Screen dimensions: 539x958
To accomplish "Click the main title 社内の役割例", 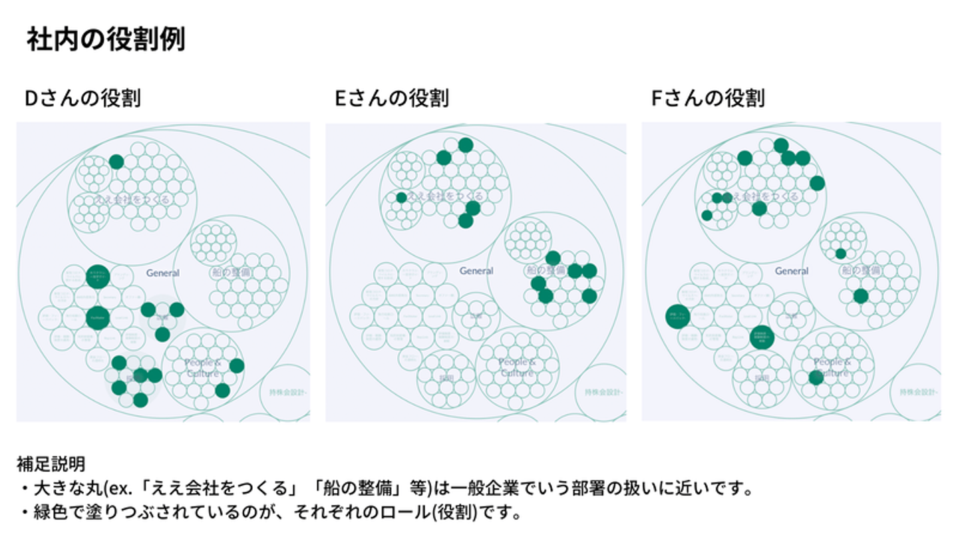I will click(106, 40).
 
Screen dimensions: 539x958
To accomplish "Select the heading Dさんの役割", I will click(82, 98).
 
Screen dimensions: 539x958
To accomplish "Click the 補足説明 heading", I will click(51, 463).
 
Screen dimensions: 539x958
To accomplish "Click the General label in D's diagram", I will click(163, 273).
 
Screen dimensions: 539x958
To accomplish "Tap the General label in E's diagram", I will click(476, 271).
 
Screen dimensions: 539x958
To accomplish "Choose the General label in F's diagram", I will click(792, 271).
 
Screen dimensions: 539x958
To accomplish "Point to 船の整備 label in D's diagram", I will click(231, 272).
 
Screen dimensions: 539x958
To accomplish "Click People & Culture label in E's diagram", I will click(517, 367).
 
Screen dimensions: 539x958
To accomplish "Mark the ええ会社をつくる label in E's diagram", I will click(445, 196).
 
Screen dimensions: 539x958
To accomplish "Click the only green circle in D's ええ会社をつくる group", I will click(116, 162).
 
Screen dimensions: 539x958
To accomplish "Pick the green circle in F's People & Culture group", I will click(816, 378).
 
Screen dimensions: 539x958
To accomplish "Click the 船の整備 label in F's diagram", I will click(861, 270).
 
